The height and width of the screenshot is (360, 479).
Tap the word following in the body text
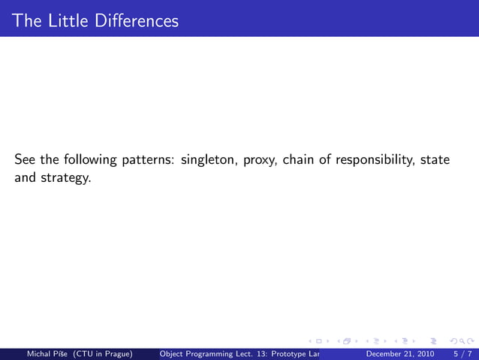(89, 160)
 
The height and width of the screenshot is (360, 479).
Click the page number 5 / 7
(460, 353)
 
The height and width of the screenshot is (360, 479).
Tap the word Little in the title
(66, 20)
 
